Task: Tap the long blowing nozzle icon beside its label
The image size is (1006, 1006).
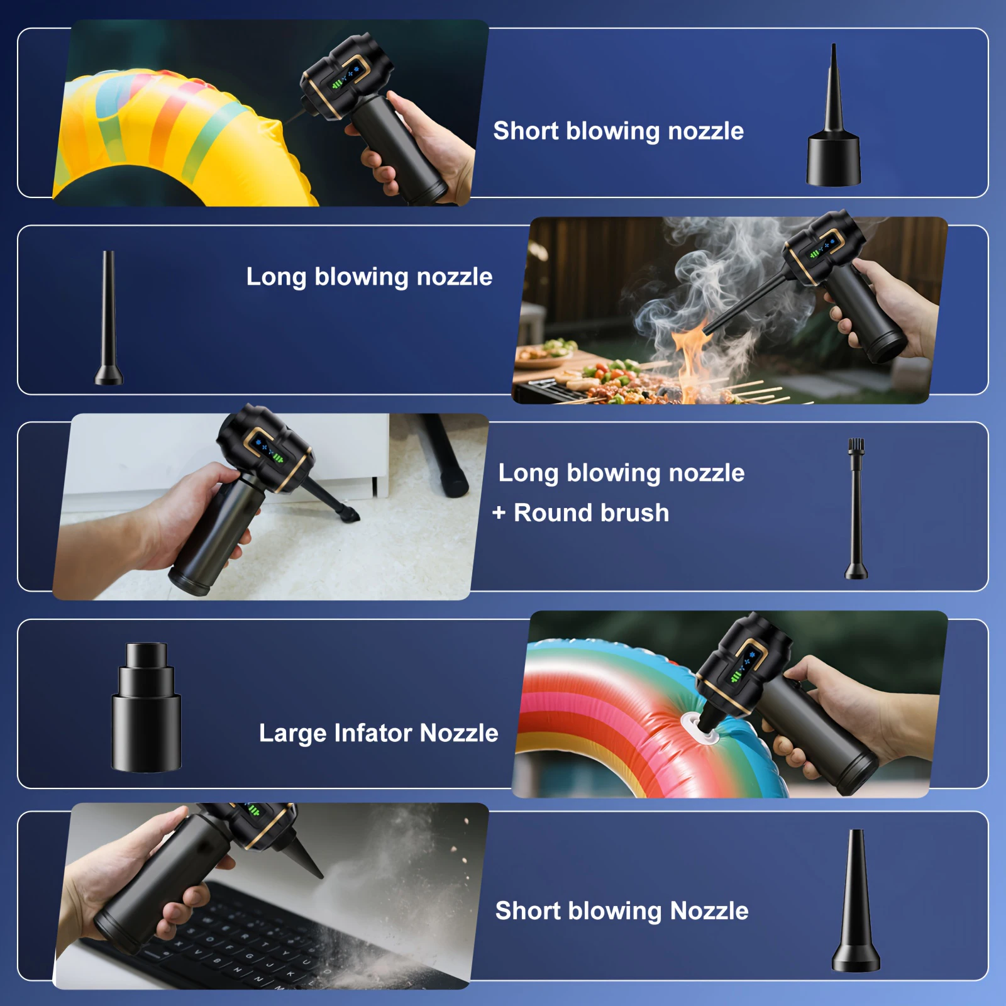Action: (109, 321)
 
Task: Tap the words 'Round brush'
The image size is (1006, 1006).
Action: (591, 513)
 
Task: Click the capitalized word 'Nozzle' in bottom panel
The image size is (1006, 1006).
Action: (709, 911)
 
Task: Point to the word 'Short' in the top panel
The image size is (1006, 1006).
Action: (526, 131)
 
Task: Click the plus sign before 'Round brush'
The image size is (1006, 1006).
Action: (499, 513)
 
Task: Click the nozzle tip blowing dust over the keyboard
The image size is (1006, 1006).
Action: (314, 868)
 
